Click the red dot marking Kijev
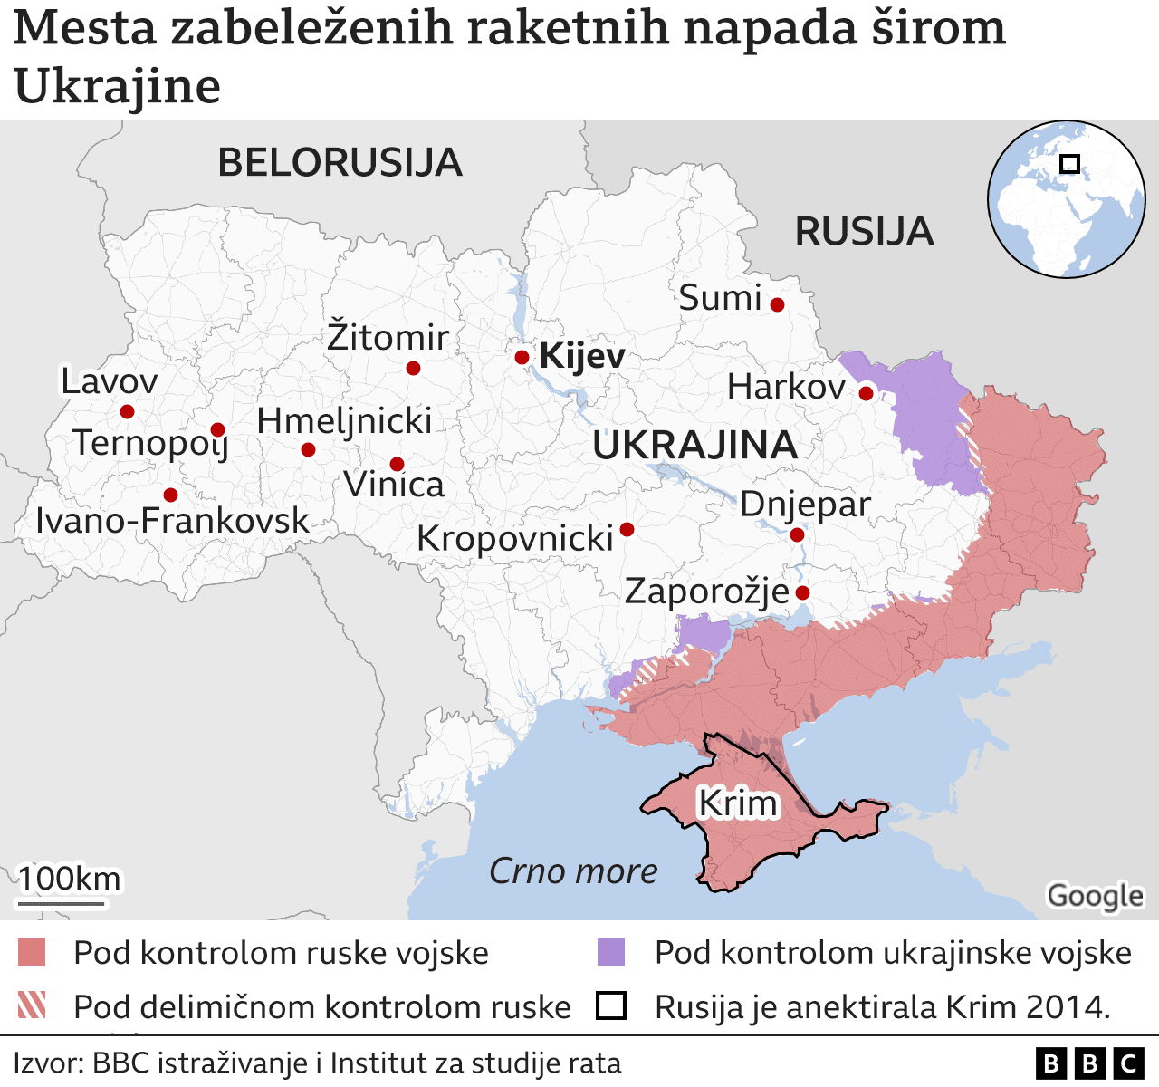click(522, 357)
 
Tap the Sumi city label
click(721, 298)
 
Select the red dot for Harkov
click(866, 393)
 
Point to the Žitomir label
click(388, 338)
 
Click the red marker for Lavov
click(127, 411)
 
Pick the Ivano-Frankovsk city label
click(172, 521)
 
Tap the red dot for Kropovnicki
click(627, 529)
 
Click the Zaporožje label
click(706, 592)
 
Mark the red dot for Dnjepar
click(797, 534)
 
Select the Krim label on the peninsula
click(738, 803)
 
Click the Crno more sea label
click(573, 871)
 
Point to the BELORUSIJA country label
click(340, 163)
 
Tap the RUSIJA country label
click(864, 232)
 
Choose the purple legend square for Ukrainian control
click(611, 953)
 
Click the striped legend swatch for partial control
click(32, 1005)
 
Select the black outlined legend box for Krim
click(611, 1006)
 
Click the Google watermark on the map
click(1095, 896)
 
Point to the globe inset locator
click(1066, 198)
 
